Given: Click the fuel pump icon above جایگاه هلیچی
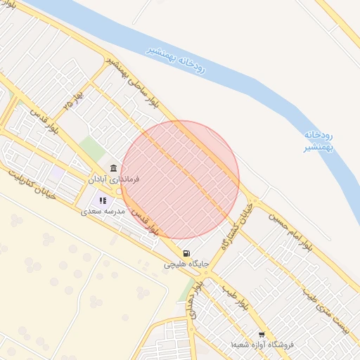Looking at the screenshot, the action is tap(186, 254).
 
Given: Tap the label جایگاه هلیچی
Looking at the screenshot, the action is tap(186, 265).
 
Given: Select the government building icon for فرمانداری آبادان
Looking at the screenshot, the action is tap(114, 167).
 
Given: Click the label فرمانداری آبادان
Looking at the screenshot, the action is tap(114, 179).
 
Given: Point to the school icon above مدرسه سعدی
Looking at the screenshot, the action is tap(103, 201).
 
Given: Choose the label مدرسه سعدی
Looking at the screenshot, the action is tap(103, 211).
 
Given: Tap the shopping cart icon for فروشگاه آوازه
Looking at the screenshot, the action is tap(262, 335).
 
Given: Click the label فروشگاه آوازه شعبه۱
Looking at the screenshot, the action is tap(262, 345).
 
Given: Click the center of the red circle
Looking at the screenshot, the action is tap(180, 179).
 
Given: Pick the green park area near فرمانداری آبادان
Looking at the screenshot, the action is tap(91, 148).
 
